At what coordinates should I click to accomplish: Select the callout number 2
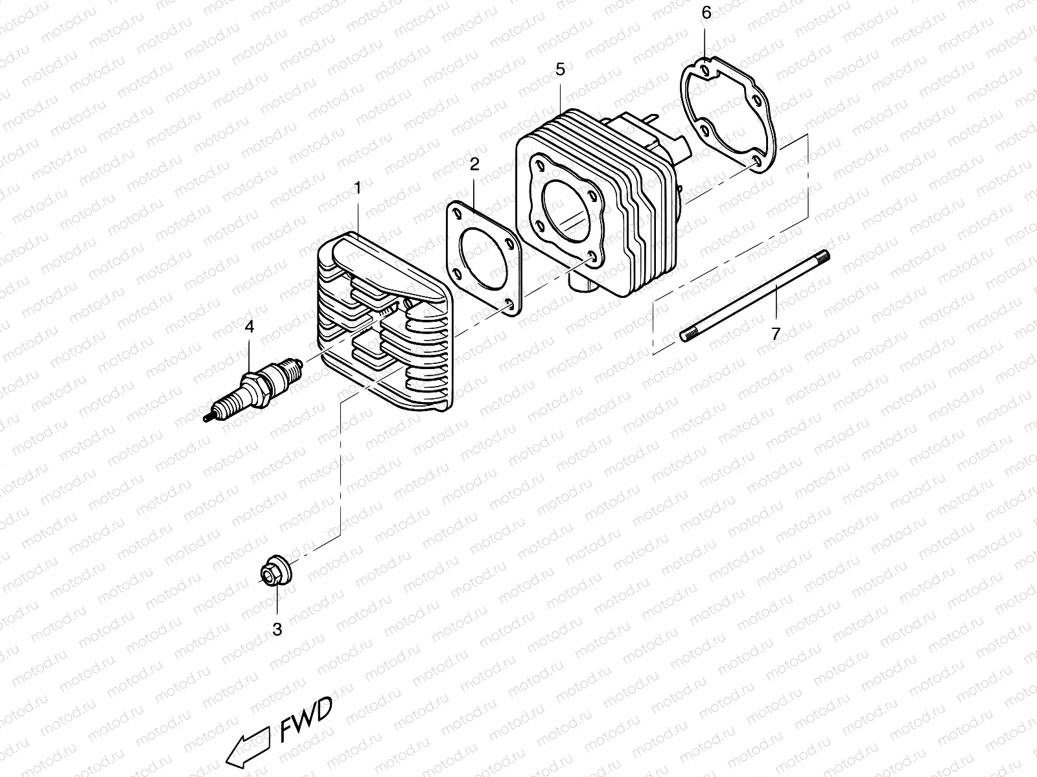coord(474,164)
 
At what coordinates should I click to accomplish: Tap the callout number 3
coord(277,629)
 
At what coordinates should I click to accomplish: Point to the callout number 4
coord(250,327)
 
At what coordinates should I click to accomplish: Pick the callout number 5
coord(560,69)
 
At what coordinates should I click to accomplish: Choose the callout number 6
coord(706,13)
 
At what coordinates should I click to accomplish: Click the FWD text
coord(307,729)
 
